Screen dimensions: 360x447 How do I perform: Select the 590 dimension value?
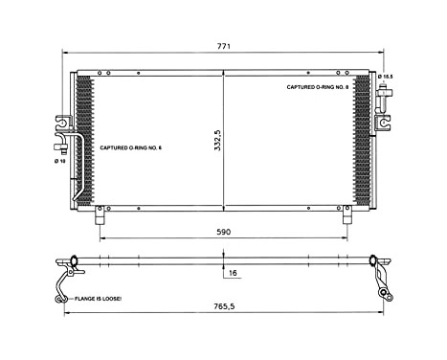pyautogui.click(x=222, y=231)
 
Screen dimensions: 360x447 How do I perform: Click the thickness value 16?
pyautogui.click(x=233, y=273)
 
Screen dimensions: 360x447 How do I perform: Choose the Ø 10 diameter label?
pyautogui.click(x=59, y=161)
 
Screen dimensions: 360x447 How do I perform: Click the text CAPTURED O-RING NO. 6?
pyautogui.click(x=132, y=146)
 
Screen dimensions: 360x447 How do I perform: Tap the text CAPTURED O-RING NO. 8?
pyautogui.click(x=319, y=86)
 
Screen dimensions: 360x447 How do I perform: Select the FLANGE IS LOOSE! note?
pyautogui.click(x=97, y=300)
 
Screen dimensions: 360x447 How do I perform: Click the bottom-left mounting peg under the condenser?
pyautogui.click(x=99, y=217)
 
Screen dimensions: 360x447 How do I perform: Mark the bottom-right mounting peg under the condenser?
pyautogui.click(x=346, y=217)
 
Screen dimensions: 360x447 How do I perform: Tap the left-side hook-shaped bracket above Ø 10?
pyautogui.click(x=62, y=124)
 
